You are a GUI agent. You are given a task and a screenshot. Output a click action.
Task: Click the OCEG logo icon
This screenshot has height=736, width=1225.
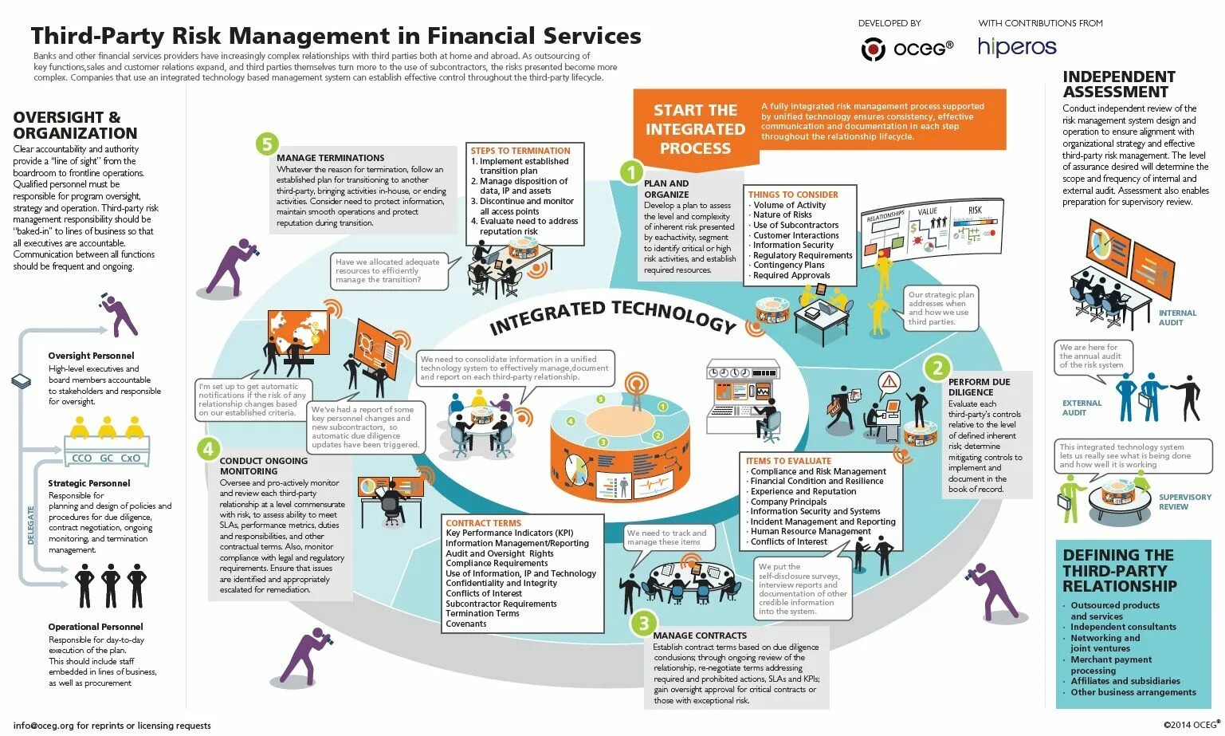[x=874, y=49]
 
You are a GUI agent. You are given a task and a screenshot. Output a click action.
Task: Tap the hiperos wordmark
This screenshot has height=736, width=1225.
[x=1017, y=47]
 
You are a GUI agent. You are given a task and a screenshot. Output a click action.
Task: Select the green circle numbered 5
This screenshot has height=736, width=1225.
[x=267, y=144]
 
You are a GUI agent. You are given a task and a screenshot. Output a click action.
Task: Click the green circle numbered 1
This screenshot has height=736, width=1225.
[x=631, y=172]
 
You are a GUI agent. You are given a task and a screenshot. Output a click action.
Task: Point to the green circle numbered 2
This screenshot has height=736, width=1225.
[x=937, y=368]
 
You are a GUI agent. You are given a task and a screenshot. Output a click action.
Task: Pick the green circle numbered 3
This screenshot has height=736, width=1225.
[x=643, y=624]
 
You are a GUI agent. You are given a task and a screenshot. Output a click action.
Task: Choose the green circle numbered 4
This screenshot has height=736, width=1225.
[x=209, y=449]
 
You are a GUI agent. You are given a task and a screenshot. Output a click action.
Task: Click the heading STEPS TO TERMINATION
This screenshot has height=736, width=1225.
[x=520, y=151]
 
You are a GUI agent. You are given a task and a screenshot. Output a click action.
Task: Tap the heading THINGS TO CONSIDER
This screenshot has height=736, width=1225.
[x=793, y=195]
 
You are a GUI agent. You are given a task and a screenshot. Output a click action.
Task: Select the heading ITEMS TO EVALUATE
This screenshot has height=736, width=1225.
[x=788, y=461]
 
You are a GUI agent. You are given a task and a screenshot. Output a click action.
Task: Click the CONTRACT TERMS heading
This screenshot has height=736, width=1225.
[x=483, y=523]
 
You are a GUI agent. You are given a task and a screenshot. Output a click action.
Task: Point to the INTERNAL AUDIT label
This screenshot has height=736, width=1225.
[x=1177, y=317]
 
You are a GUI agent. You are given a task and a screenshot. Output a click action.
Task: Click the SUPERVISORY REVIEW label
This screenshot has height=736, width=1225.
[x=1184, y=502]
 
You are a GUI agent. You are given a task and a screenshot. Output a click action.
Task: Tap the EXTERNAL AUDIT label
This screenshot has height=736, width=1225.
[x=1082, y=407]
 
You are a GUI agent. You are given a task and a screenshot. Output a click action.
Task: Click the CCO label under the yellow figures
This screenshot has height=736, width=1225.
[x=81, y=459]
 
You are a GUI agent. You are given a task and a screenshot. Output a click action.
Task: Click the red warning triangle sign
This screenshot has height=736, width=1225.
[x=889, y=381]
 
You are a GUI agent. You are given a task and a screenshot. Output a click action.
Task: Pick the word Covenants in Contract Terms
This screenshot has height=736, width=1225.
[x=466, y=624]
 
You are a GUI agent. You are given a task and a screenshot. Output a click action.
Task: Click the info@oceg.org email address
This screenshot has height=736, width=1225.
[x=44, y=726]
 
